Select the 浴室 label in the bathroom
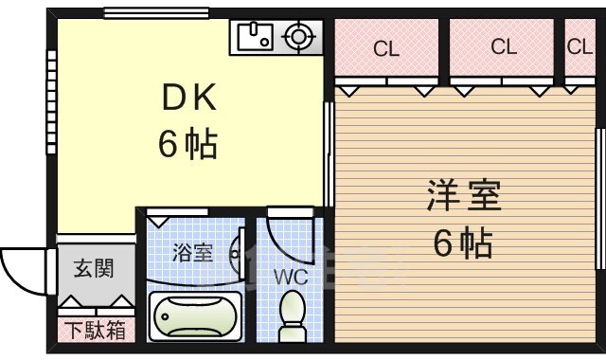192,253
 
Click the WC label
290,278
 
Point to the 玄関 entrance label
94,268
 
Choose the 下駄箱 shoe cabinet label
94,331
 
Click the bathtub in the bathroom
195,314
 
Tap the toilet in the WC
293,314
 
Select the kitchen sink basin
253,38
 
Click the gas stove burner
297,38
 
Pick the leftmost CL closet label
384,46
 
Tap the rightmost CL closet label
579,46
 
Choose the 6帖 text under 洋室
462,244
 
